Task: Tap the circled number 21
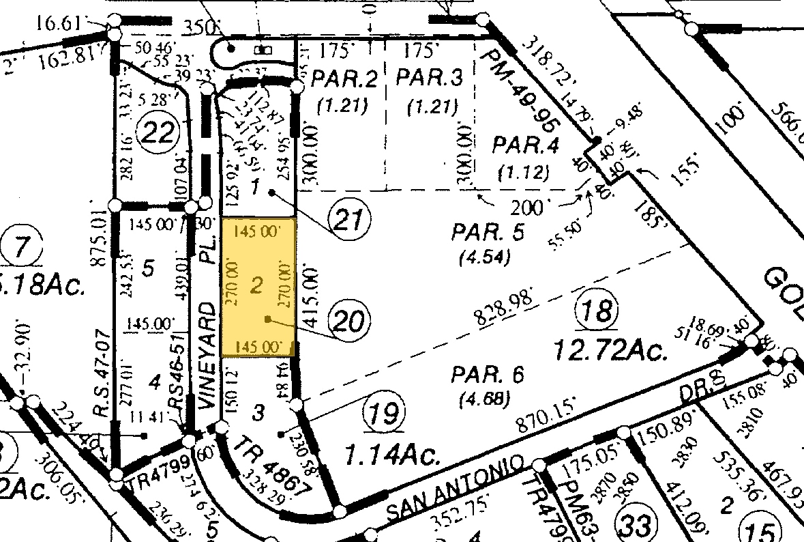tap(350, 220)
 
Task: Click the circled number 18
tap(596, 313)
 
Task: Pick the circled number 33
tap(634, 525)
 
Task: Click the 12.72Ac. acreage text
tap(608, 351)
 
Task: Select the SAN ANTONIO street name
tap(455, 485)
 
